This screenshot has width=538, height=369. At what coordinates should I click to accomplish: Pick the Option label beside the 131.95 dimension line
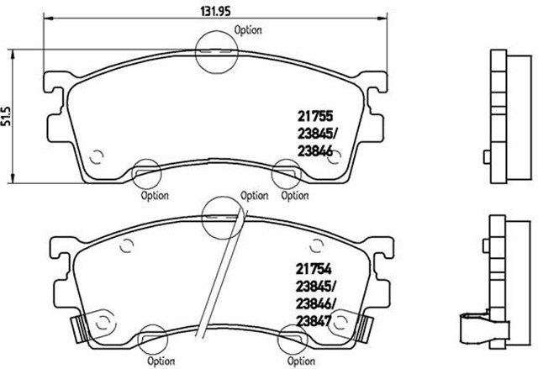coord(248,29)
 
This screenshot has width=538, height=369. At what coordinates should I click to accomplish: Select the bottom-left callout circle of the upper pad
coord(146,174)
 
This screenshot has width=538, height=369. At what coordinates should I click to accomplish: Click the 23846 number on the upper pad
coord(316,150)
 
